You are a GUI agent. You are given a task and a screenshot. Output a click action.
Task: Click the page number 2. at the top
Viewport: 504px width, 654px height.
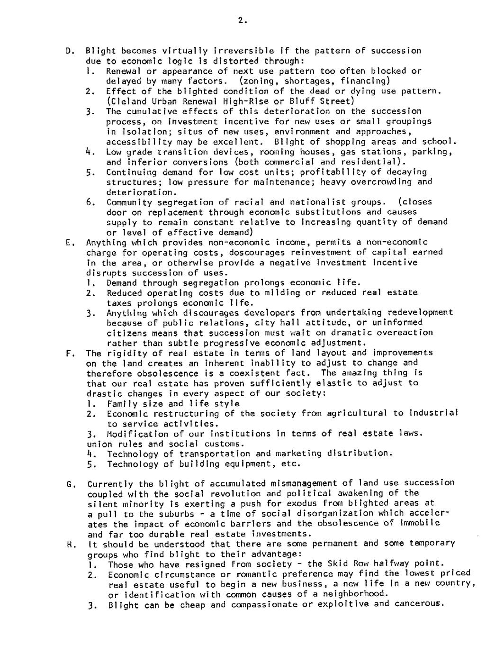pos(242,20)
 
